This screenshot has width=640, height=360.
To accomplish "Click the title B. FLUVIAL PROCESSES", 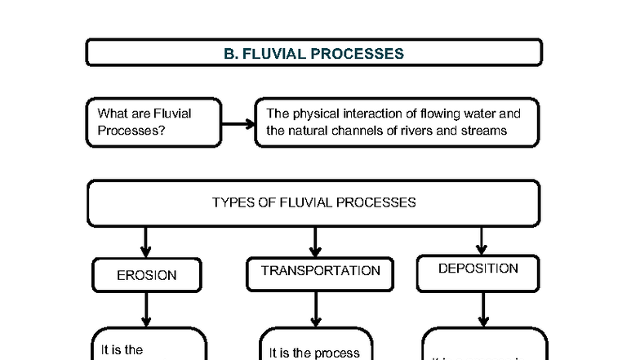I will [313, 54].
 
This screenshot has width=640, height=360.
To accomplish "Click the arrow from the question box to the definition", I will [238, 124].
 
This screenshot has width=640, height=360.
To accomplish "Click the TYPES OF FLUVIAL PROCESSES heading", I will [313, 202].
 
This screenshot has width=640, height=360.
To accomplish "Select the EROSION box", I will [147, 275].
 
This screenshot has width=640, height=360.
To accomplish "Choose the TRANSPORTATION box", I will [320, 271].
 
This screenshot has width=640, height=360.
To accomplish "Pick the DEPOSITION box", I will [478, 269].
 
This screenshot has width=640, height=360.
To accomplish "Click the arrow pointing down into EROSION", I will [146, 242].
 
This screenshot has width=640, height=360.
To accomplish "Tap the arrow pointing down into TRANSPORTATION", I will [315, 242].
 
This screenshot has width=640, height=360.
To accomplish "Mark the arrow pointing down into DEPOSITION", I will [482, 240].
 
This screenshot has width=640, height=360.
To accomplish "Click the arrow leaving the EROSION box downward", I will [146, 309].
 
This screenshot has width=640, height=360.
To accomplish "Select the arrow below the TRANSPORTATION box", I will [316, 309].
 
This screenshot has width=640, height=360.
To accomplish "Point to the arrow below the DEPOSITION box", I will [483, 309].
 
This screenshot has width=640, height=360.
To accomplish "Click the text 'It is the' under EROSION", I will [122, 349].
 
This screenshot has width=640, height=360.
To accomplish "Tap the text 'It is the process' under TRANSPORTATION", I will [314, 353].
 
